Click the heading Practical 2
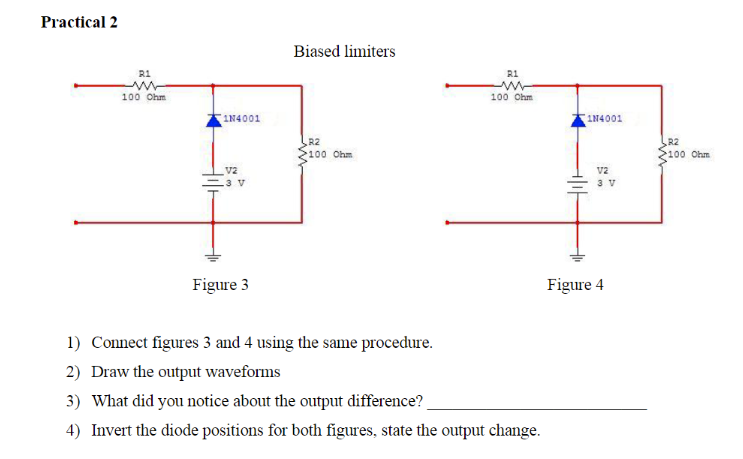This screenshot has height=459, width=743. click(79, 22)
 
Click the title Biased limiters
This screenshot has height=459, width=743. click(344, 51)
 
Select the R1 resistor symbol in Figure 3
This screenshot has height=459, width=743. click(144, 85)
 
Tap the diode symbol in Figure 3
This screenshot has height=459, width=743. click(212, 120)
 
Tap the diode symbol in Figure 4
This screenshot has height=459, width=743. click(579, 120)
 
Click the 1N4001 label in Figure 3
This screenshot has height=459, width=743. click(243, 118)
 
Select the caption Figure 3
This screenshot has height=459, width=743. click(221, 285)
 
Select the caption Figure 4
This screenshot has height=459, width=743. click(575, 285)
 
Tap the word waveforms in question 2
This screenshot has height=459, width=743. click(245, 372)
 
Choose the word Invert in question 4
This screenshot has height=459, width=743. click(112, 430)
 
